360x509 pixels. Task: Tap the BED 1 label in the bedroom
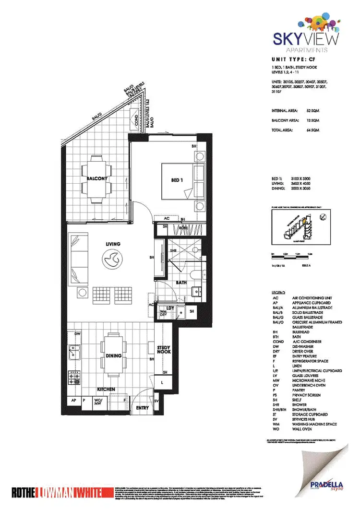click(x=178, y=180)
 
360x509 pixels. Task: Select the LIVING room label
click(x=113, y=244)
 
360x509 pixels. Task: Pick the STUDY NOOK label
click(x=164, y=350)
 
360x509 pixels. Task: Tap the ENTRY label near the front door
click(x=143, y=408)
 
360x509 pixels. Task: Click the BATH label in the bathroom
click(x=181, y=283)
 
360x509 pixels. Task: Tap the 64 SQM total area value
click(x=313, y=130)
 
